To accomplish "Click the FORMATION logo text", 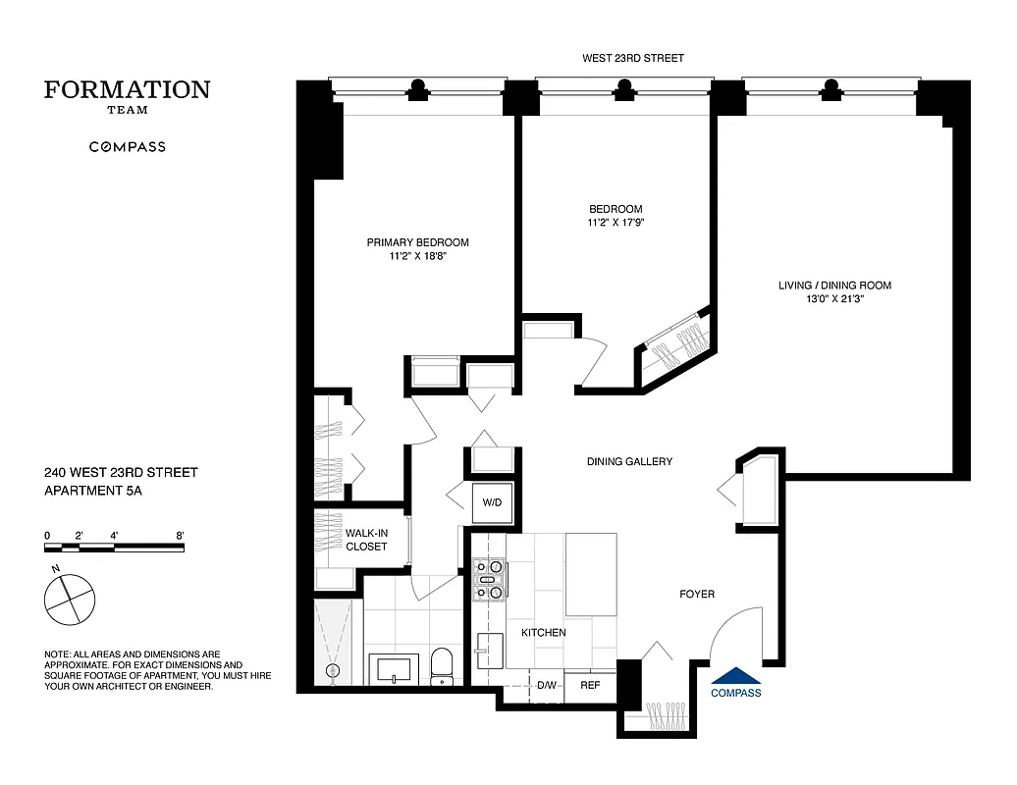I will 127,90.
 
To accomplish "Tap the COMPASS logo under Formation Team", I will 128,147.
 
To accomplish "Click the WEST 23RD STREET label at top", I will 633,59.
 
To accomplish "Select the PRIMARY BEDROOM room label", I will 417,243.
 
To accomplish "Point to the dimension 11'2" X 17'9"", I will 616,223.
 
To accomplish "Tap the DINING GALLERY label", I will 629,461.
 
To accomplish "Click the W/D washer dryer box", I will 491,503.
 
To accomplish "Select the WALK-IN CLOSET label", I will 365,540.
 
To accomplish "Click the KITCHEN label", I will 543,633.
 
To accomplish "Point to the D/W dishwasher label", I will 546,686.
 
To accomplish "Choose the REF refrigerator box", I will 590,686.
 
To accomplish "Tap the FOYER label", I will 697,595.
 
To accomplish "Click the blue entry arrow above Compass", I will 735,675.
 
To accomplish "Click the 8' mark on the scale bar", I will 181,536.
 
